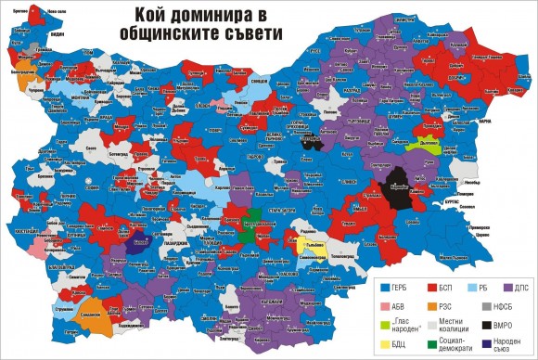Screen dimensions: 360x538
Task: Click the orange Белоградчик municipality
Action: pos(22,74)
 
